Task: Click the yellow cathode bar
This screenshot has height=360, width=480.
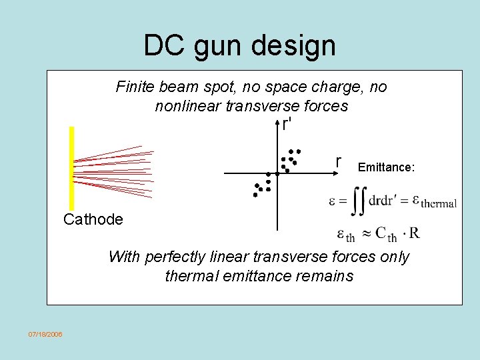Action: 71,169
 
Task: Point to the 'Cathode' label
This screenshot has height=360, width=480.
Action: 93,219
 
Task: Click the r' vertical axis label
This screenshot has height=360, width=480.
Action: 287,124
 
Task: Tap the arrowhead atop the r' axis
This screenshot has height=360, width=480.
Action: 277,123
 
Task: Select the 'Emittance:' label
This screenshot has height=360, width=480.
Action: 386,167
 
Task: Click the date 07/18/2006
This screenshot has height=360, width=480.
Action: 45,333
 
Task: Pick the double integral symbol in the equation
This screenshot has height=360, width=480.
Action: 359,200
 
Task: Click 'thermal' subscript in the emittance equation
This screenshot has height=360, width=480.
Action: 438,204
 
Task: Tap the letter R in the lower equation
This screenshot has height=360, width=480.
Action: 414,233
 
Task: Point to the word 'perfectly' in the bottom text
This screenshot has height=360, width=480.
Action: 176,257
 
